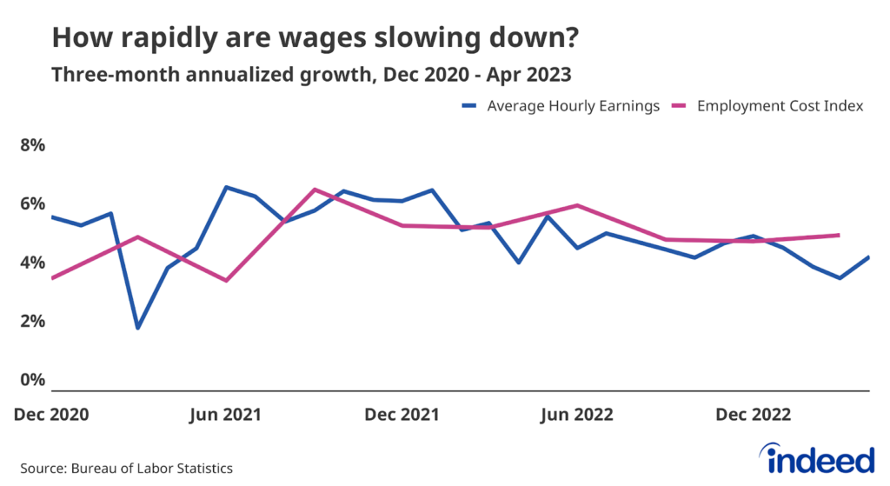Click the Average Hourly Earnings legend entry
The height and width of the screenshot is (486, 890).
click(x=561, y=106)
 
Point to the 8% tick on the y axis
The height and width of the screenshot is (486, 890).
click(x=32, y=144)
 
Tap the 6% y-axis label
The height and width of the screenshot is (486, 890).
click(x=32, y=203)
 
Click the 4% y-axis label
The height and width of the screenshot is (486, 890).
click(x=32, y=263)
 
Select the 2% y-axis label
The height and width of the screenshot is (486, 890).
click(x=32, y=322)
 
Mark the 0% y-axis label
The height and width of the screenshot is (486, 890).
click(x=32, y=381)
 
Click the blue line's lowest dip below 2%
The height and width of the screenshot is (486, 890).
click(x=137, y=328)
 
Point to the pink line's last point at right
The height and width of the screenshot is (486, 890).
click(x=839, y=235)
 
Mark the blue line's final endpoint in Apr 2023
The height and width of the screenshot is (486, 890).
click(x=868, y=257)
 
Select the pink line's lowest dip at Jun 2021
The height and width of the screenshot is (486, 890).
click(x=226, y=280)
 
